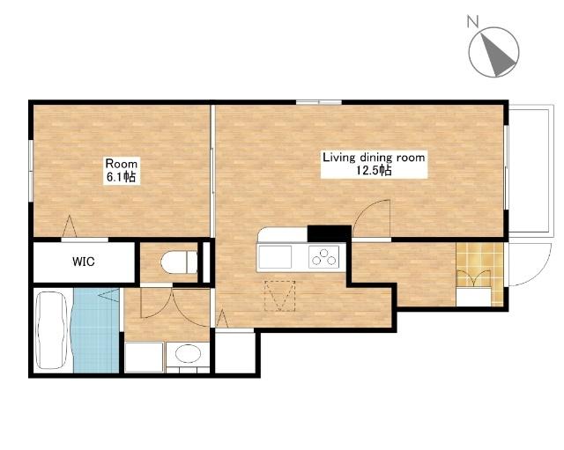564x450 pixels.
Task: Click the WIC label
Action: [x=84, y=262]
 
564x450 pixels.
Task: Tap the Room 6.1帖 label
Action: [x=121, y=170]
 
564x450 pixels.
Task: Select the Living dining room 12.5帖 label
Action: [x=374, y=164]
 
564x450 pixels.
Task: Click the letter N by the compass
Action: [x=472, y=21]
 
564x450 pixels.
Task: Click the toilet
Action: [x=179, y=262]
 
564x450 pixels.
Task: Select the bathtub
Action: [x=53, y=330]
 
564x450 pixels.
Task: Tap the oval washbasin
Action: [x=188, y=353]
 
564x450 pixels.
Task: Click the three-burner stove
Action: [x=323, y=256]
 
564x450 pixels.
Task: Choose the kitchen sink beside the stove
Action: [x=275, y=256]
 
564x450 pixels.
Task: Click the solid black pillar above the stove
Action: [x=329, y=233]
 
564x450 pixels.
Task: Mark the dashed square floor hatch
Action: [x=280, y=296]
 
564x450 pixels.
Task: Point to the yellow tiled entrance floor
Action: [x=479, y=274]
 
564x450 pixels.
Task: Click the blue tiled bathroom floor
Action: [x=96, y=330]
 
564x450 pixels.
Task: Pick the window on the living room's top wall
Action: [x=319, y=102]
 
